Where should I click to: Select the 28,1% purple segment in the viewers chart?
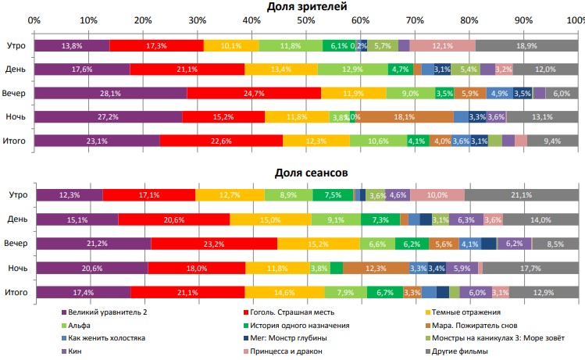[x=110, y=94]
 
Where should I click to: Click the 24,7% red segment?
[x=254, y=94]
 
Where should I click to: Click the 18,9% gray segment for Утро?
[x=526, y=46]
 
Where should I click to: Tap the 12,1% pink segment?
[x=442, y=46]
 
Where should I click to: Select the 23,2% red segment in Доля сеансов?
[x=212, y=244]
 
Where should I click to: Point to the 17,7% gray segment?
[x=529, y=268]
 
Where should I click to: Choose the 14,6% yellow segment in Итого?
[x=284, y=292]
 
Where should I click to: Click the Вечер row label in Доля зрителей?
[x=15, y=94]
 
